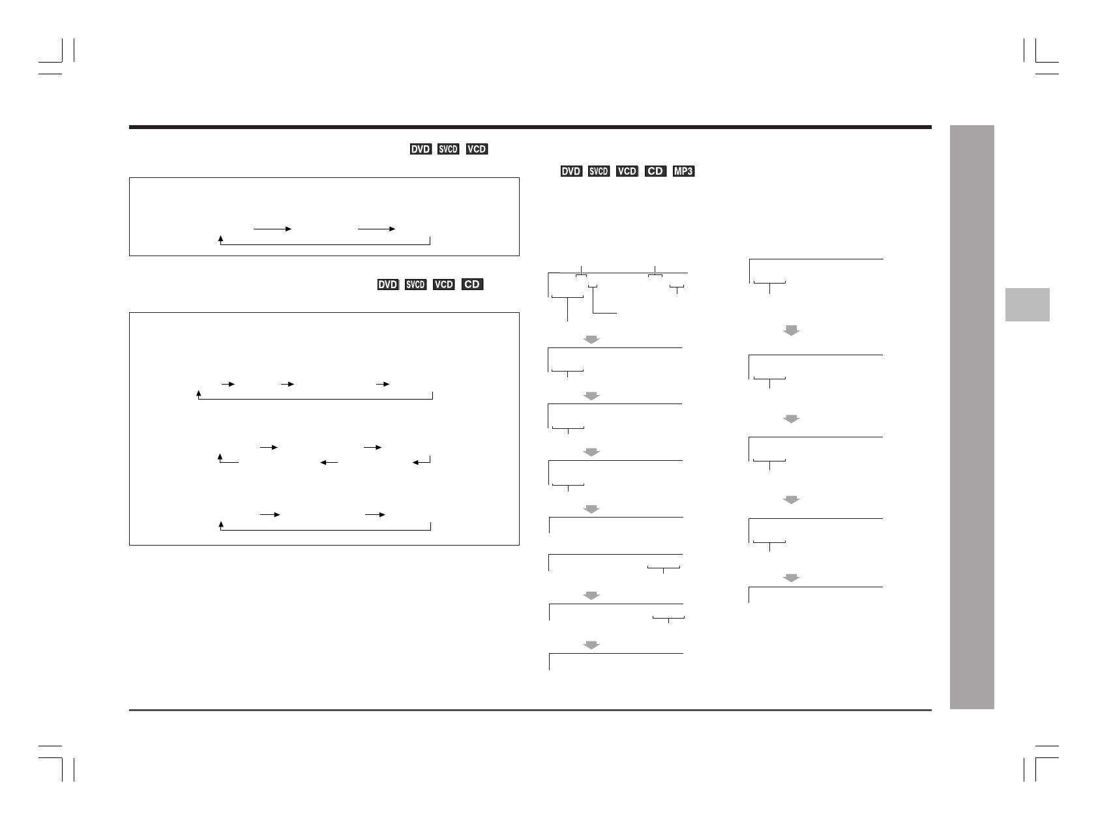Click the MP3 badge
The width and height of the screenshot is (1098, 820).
click(x=683, y=171)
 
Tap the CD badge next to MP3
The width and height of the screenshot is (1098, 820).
click(x=655, y=171)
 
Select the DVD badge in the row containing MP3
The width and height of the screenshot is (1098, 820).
click(x=571, y=171)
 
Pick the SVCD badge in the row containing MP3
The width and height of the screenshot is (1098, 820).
click(x=599, y=171)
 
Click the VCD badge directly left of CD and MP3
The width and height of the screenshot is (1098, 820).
click(x=627, y=171)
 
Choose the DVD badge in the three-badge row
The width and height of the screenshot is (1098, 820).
click(x=421, y=149)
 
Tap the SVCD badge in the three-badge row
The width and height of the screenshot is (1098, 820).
click(x=449, y=149)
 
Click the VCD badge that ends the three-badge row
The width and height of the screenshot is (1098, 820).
click(x=477, y=149)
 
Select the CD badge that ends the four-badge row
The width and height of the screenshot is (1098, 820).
click(x=472, y=285)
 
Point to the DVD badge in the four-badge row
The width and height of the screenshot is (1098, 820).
click(x=388, y=285)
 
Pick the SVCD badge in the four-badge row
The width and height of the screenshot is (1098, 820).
click(x=415, y=285)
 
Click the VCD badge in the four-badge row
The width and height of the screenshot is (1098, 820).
click(x=444, y=285)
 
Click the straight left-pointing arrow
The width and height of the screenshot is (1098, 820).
click(x=329, y=463)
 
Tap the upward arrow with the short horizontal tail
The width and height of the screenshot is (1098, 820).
click(x=222, y=459)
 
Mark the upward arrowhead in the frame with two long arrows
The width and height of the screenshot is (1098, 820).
click(x=221, y=239)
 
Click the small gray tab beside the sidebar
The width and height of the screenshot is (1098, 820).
click(x=1027, y=304)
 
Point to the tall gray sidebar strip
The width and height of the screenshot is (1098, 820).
click(x=972, y=417)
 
